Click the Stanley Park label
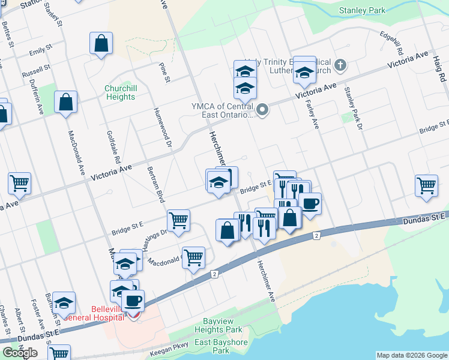[x=361, y=10]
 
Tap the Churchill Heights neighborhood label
[x=120, y=92]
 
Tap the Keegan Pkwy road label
[x=173, y=345]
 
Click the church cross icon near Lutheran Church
[x=340, y=65]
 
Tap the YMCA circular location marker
[x=262, y=110]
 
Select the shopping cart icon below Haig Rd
[x=426, y=185]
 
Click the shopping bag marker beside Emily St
[x=101, y=43]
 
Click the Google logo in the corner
[x=20, y=353]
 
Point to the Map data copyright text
[x=411, y=355]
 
